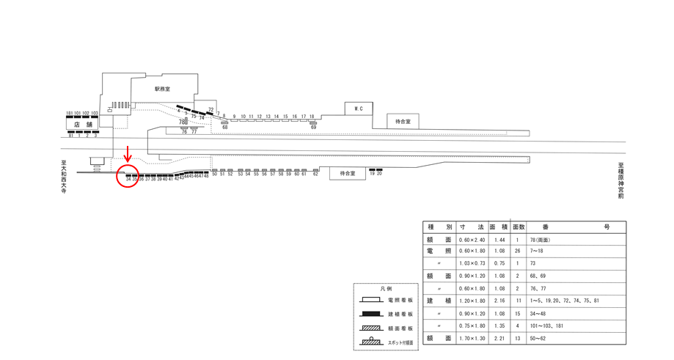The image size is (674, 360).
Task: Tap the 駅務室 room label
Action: tap(162, 89)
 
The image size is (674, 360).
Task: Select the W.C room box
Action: tap(359, 109)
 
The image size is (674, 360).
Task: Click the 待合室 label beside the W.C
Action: tap(403, 121)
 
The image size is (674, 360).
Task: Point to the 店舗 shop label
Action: tap(82, 125)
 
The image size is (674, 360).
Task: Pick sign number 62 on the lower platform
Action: tap(315, 175)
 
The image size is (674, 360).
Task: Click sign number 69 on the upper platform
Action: tap(313, 127)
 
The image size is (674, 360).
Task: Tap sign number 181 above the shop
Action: tap(70, 114)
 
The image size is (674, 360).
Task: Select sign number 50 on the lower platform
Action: tap(215, 175)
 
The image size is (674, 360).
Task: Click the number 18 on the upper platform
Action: tap(312, 117)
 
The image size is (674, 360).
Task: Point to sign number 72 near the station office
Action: tap(210, 110)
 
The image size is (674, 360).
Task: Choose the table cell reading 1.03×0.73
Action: tap(471, 263)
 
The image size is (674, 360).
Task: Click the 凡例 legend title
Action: tap(386, 290)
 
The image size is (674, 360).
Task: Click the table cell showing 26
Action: tap(519, 251)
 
